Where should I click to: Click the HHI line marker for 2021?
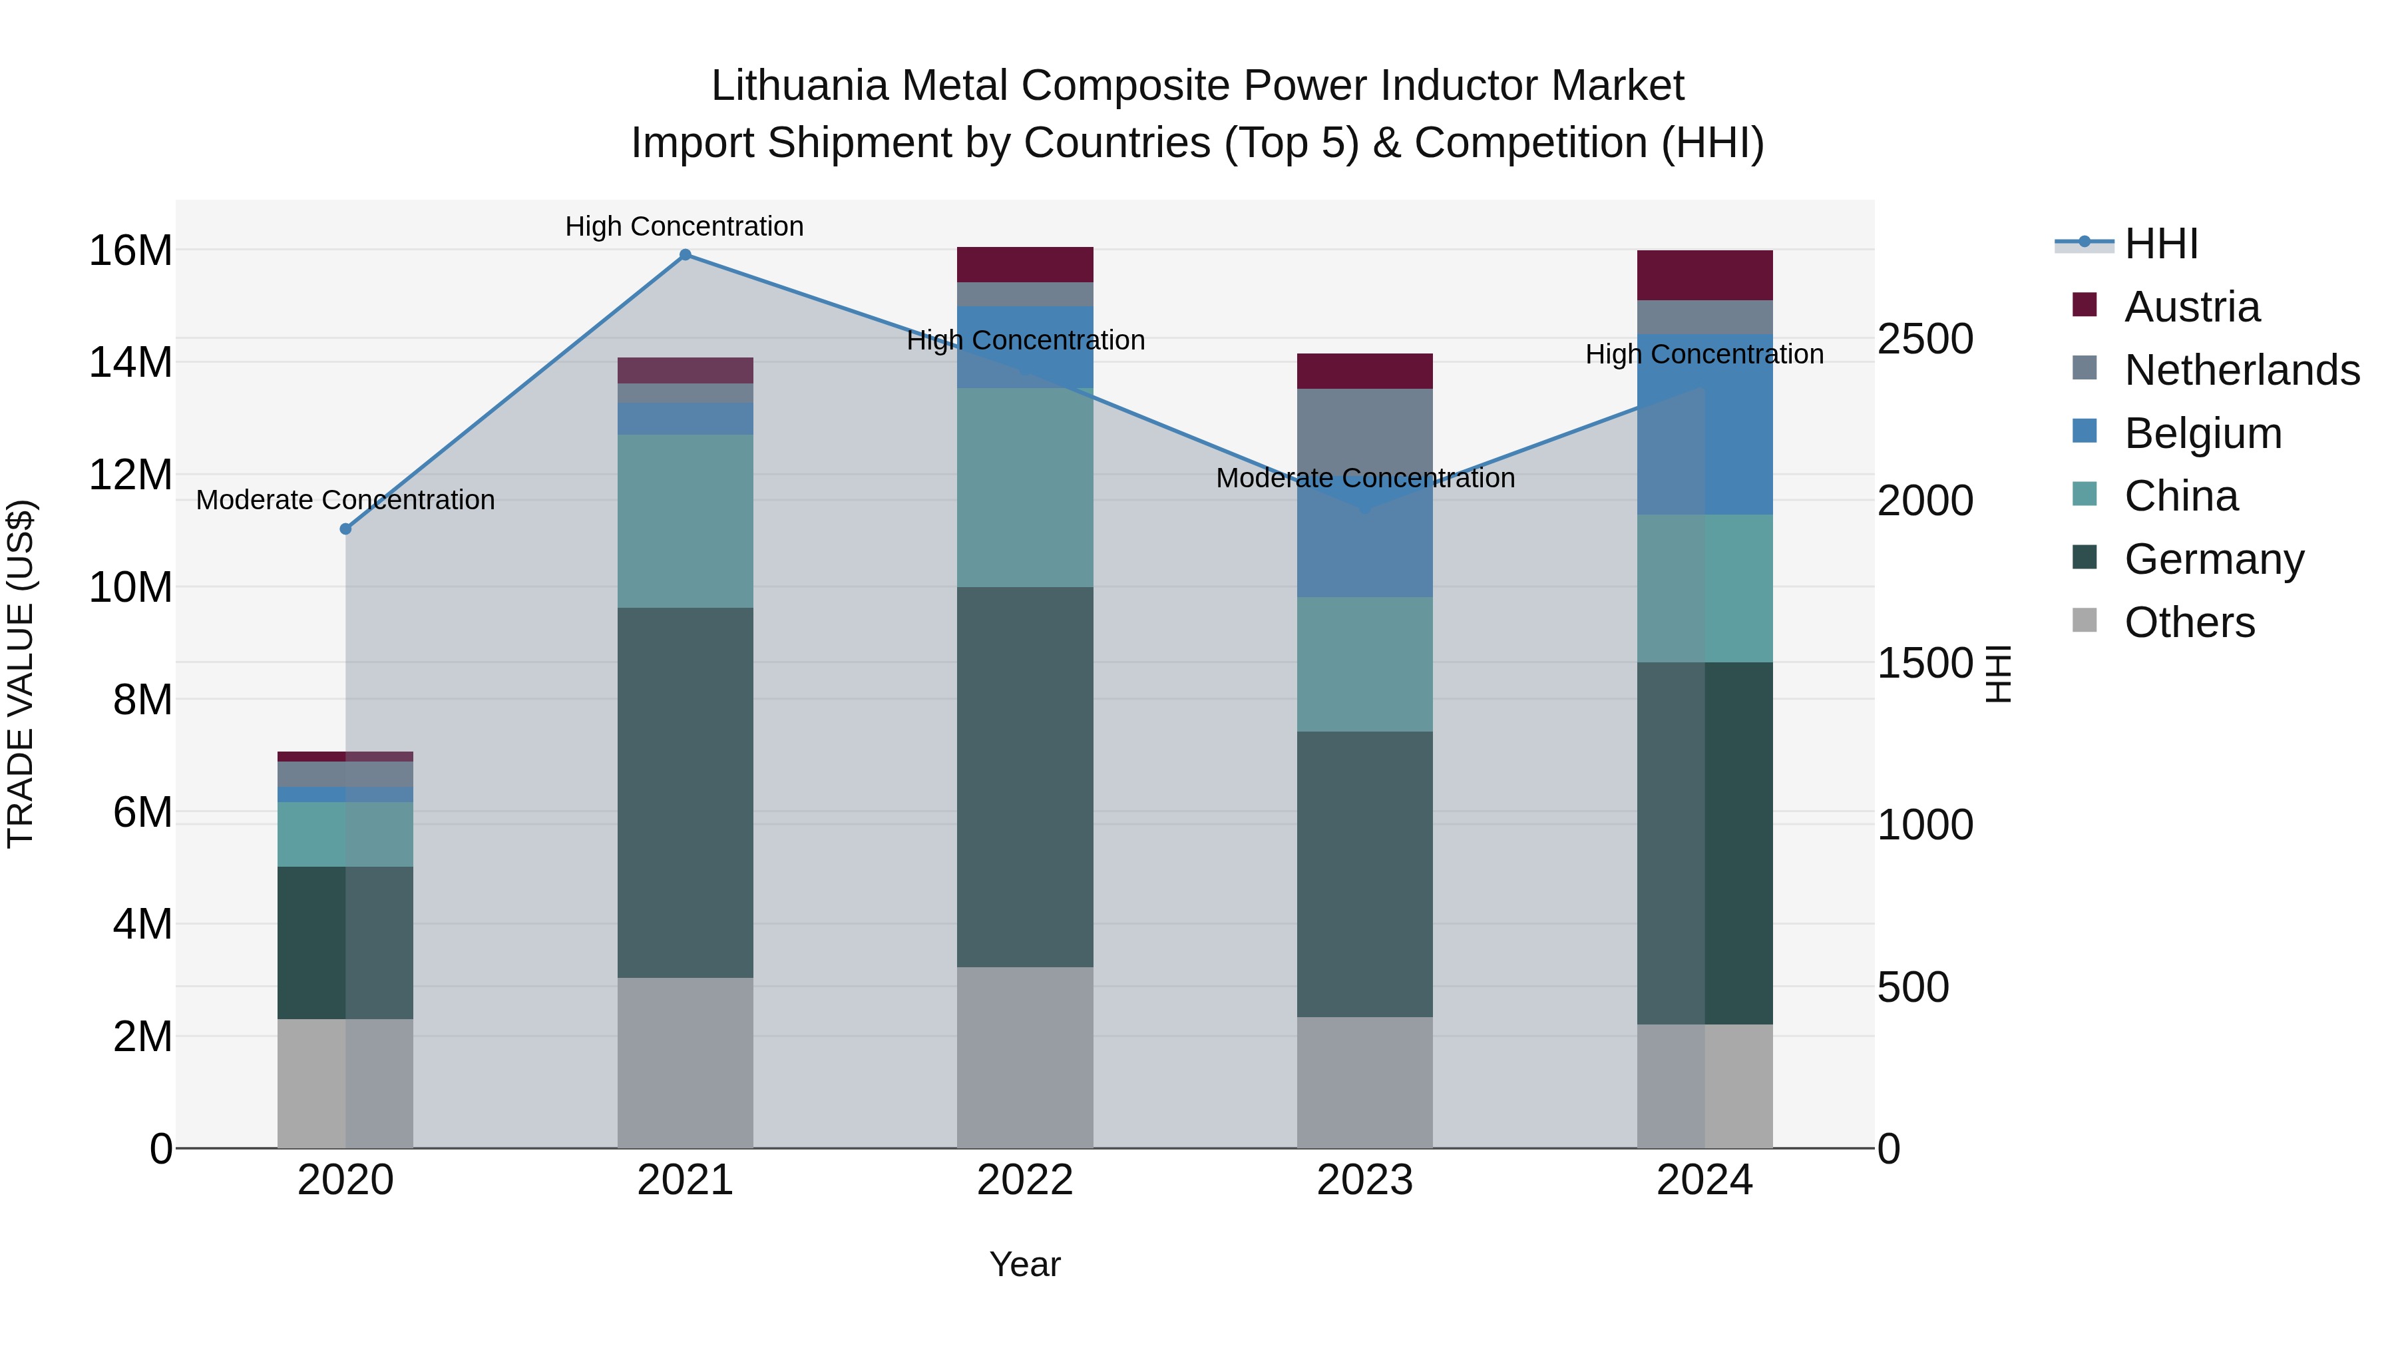(x=685, y=255)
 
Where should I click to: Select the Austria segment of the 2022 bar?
(x=1025, y=264)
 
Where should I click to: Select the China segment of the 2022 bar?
(x=1025, y=487)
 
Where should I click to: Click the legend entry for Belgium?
(x=2202, y=433)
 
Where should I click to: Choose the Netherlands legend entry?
(x=2242, y=370)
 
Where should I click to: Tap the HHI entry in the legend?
(x=2160, y=244)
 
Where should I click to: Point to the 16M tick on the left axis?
(x=130, y=250)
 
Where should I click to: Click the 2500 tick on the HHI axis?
(x=1924, y=339)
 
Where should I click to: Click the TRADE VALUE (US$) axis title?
(x=21, y=674)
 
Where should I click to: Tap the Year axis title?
(x=1025, y=1264)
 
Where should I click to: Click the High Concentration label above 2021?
(x=685, y=226)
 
